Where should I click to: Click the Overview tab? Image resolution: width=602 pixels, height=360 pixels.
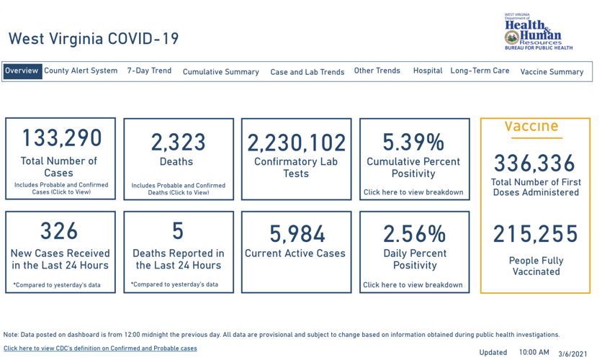pos(22,71)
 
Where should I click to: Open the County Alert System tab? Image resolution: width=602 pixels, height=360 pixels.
pos(81,71)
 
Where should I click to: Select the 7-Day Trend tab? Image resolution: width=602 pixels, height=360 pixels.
pos(149,71)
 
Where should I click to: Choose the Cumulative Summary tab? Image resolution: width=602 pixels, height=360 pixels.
pos(220,72)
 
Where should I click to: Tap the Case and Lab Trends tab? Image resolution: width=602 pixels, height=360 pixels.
pos(307,72)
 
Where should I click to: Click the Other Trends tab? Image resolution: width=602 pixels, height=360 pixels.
pos(377,71)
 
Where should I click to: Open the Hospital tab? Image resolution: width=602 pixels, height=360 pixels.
pos(428,71)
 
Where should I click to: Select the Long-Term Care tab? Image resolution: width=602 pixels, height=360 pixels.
pos(480,71)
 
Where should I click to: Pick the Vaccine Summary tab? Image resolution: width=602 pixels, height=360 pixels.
pos(552,72)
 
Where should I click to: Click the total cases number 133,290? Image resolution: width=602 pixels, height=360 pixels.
pos(61,138)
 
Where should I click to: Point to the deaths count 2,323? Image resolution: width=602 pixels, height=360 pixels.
pos(178,142)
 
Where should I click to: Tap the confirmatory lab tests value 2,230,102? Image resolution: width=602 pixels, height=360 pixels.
pos(296,143)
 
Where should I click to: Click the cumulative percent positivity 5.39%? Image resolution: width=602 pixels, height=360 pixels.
pos(413,142)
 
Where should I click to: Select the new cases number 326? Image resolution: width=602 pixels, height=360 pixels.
pos(59,231)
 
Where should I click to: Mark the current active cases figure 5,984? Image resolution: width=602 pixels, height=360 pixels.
pos(297,233)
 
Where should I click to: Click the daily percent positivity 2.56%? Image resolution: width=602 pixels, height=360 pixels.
pos(414,233)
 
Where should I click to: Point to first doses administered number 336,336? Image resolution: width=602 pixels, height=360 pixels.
pos(535,163)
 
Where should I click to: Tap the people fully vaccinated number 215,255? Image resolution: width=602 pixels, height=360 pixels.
pos(535,234)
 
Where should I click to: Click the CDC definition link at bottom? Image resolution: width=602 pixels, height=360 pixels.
pos(100,348)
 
